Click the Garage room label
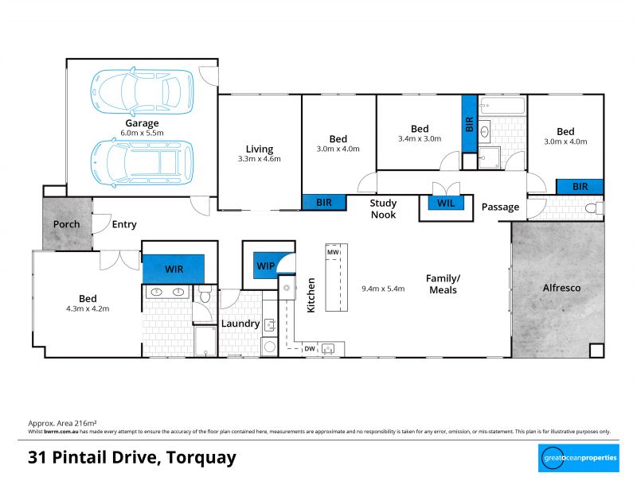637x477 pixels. click(x=142, y=123)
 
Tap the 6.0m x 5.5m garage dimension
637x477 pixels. click(x=142, y=133)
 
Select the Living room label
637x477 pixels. click(x=260, y=149)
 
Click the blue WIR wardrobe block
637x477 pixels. click(x=174, y=269)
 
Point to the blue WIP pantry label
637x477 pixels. click(x=266, y=266)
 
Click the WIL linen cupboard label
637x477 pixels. click(x=446, y=203)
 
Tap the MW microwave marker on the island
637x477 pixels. click(x=333, y=252)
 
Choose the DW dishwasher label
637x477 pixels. click(x=310, y=349)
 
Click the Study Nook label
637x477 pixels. click(x=383, y=209)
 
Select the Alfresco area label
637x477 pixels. click(x=561, y=288)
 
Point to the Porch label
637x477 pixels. click(x=67, y=224)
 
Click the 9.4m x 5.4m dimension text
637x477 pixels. click(x=383, y=289)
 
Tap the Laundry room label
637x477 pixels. click(x=240, y=324)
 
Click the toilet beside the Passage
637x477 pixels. click(x=594, y=208)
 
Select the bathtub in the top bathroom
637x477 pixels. click(x=502, y=106)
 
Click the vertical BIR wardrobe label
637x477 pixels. click(x=469, y=124)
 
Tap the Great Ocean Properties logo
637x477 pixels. click(x=579, y=458)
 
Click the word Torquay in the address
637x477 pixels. click(x=201, y=458)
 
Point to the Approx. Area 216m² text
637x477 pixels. click(x=62, y=424)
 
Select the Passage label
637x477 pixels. click(x=500, y=207)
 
